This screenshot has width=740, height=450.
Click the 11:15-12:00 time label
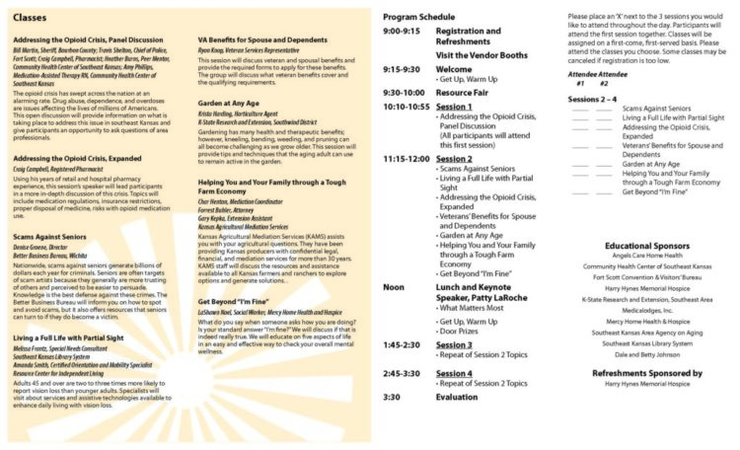pyautogui.click(x=407, y=158)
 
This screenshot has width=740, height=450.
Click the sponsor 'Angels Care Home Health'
pyautogui.click(x=648, y=256)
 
